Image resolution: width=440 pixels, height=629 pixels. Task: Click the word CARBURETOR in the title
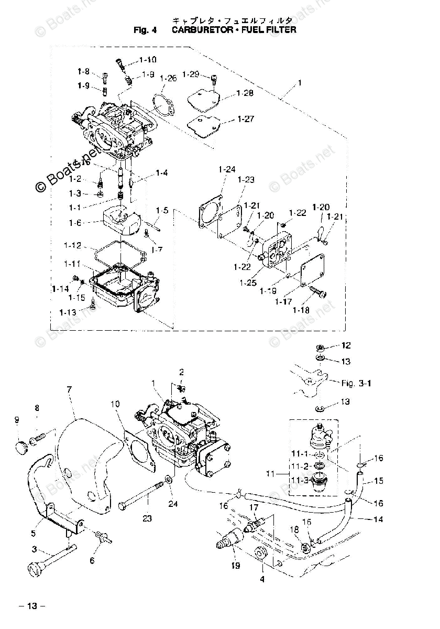coord(202,30)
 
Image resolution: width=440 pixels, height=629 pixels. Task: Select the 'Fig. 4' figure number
coord(145,30)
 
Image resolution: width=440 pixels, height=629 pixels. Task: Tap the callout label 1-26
coord(169,78)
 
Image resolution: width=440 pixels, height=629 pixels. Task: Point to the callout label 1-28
coord(245,93)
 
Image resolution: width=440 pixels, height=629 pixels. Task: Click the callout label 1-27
coord(245,119)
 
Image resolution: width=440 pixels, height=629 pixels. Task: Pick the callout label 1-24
coord(227,169)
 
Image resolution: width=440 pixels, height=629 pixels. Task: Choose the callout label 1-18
coord(301,310)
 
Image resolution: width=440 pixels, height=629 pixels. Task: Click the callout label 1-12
coord(72,245)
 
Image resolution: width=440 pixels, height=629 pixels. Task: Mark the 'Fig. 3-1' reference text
coord(356,383)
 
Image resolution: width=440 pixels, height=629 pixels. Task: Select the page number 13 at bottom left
coord(32,606)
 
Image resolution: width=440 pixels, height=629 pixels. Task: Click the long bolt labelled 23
coord(141,493)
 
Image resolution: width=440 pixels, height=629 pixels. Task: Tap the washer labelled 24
coord(169,479)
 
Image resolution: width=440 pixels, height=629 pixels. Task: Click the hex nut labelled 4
coord(260,555)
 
